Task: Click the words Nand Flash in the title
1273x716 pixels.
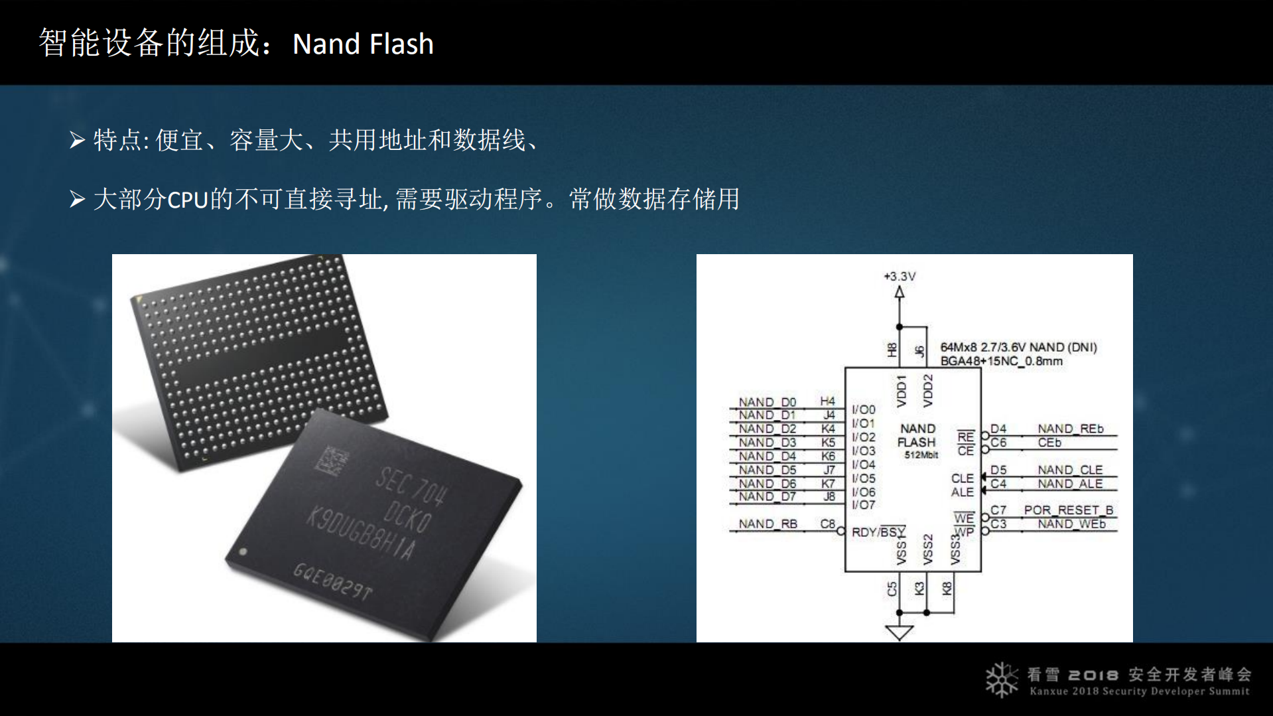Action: click(x=363, y=44)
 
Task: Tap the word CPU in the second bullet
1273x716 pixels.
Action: click(x=188, y=200)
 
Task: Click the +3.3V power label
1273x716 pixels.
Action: click(x=900, y=276)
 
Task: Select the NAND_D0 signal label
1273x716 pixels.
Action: click(x=767, y=402)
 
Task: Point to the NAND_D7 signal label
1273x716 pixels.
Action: click(x=767, y=496)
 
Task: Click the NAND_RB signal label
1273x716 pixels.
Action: click(x=768, y=524)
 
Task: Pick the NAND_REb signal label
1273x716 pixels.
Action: click(x=1071, y=429)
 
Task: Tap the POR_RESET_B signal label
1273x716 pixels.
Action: click(x=1068, y=510)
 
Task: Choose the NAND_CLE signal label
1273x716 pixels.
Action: click(x=1070, y=470)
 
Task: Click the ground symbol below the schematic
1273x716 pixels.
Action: click(x=900, y=632)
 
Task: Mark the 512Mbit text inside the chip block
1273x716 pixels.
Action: click(x=921, y=455)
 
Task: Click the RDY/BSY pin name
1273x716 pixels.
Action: click(x=878, y=532)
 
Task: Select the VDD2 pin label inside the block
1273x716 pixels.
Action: click(x=927, y=390)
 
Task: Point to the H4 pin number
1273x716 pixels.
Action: click(x=827, y=401)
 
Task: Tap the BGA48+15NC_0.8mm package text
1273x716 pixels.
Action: click(x=1001, y=361)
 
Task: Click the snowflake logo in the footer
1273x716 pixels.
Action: click(x=1001, y=680)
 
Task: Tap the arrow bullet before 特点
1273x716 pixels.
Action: click(x=78, y=140)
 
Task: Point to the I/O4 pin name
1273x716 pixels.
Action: click(x=863, y=465)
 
